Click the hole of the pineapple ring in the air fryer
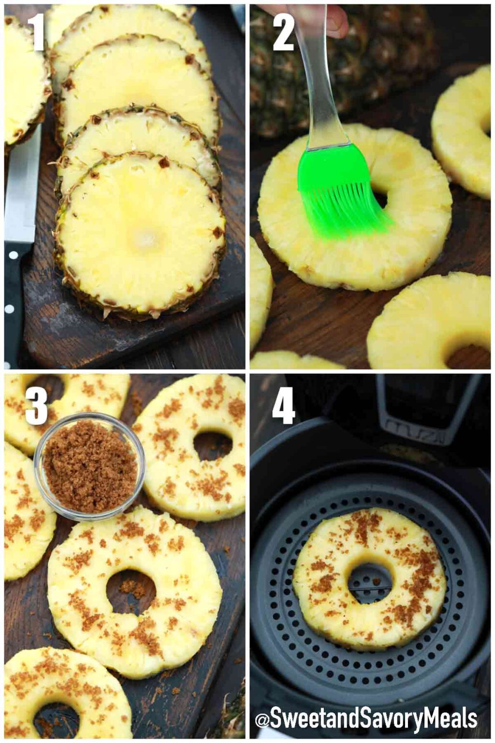370,583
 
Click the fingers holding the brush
334,17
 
